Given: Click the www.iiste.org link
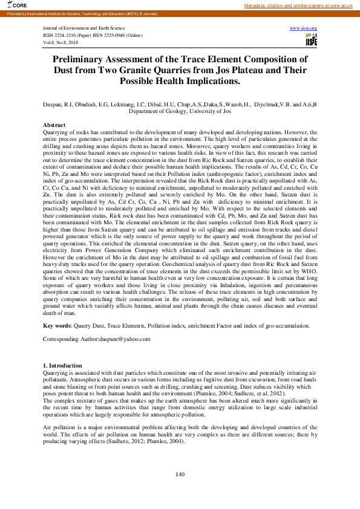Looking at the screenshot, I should pyautogui.click(x=304, y=28).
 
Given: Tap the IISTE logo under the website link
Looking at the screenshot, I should pyautogui.click(x=311, y=40).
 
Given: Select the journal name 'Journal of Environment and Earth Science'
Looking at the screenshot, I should pyautogui.click(x=84, y=28).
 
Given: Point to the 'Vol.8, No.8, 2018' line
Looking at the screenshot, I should pyautogui.click(x=61, y=43).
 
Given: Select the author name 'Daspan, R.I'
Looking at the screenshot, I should pyautogui.click(x=57, y=104).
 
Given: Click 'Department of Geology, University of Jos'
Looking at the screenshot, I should pyautogui.click(x=180, y=111).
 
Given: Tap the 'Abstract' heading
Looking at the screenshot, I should pyautogui.click(x=55, y=124).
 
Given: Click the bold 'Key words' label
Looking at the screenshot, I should pyautogui.click(x=57, y=325).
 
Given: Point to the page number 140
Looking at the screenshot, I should pyautogui.click(x=180, y=474).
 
